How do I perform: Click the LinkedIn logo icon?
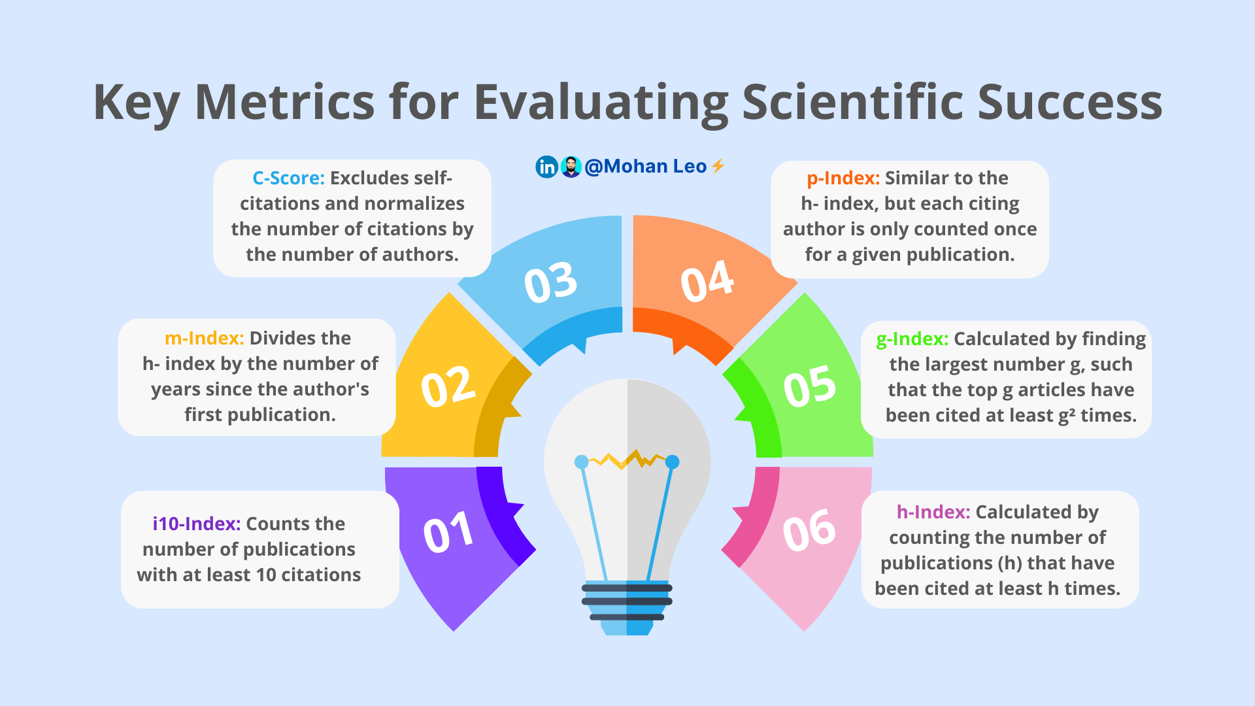pyautogui.click(x=546, y=167)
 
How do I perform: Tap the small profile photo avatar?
pyautogui.click(x=571, y=167)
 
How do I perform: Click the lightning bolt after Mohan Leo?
pyautogui.click(x=718, y=166)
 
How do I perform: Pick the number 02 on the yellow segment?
pyautogui.click(x=448, y=386)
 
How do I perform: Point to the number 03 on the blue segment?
pyautogui.click(x=550, y=282)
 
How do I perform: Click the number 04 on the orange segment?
pyautogui.click(x=707, y=281)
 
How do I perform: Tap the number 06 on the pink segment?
pyautogui.click(x=809, y=529)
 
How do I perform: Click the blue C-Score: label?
pyautogui.click(x=288, y=178)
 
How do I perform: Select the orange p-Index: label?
pyautogui.click(x=843, y=178)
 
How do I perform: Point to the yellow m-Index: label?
pyautogui.click(x=204, y=338)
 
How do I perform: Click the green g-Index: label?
pyautogui.click(x=912, y=339)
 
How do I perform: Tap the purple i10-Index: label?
pyautogui.click(x=197, y=524)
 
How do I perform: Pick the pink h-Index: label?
pyautogui.click(x=933, y=512)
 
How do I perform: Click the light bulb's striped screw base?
pyautogui.click(x=627, y=605)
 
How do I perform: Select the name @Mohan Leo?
pyautogui.click(x=645, y=167)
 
